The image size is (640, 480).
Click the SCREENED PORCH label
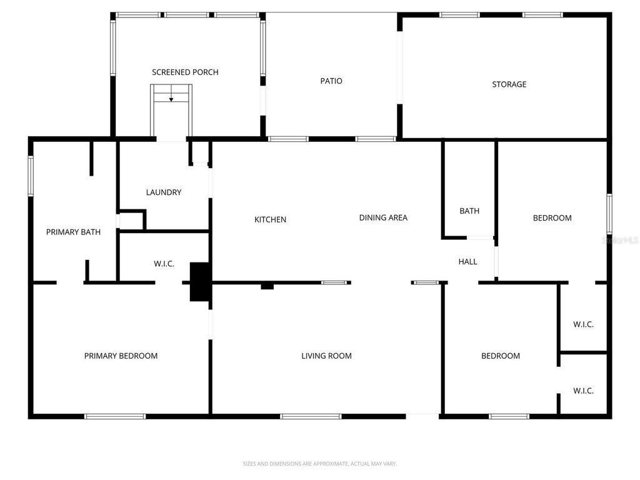coord(185,72)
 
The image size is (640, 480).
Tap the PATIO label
coord(331,81)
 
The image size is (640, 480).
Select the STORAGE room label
coord(509,84)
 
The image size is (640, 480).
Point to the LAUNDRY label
coord(164,192)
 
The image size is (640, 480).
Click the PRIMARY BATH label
coord(73,232)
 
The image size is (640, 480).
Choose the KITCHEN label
coord(270,220)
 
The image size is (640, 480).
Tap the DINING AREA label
coord(383,218)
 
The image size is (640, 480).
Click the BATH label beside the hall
coord(469,211)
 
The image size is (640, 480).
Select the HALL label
coord(467,262)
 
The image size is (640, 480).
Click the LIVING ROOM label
coord(326,356)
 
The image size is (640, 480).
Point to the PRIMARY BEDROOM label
coord(121,356)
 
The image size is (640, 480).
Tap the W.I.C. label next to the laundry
coord(164,264)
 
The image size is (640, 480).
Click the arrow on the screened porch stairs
coord(171,99)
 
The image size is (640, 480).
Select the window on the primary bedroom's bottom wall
coord(115,416)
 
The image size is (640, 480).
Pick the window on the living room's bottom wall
coord(311,416)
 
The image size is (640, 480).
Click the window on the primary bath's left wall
coord(30,176)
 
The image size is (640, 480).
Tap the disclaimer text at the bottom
coord(319,464)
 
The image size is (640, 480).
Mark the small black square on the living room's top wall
coord(267,286)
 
